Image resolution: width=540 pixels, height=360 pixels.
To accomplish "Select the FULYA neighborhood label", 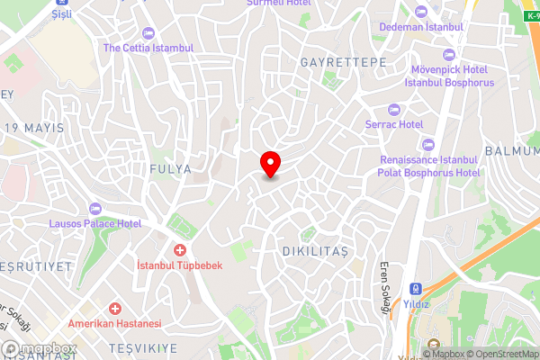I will tap(171, 168).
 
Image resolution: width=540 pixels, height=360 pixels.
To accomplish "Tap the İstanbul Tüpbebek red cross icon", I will tap(179, 248).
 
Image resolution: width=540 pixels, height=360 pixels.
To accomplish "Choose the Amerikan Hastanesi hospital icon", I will tap(113, 308).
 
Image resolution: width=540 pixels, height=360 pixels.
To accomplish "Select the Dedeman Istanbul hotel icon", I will tap(421, 11).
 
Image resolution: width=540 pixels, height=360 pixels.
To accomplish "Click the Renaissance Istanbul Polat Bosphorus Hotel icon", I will tap(427, 144).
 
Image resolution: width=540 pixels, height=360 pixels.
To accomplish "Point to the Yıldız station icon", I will tap(416, 290).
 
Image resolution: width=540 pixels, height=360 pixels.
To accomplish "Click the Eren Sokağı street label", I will tap(384, 289).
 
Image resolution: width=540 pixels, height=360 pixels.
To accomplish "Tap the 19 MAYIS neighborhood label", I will tap(34, 128).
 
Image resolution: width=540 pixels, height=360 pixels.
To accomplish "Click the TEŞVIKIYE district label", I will tap(138, 346).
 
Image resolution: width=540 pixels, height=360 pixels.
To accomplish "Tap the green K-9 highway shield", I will tap(531, 17).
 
